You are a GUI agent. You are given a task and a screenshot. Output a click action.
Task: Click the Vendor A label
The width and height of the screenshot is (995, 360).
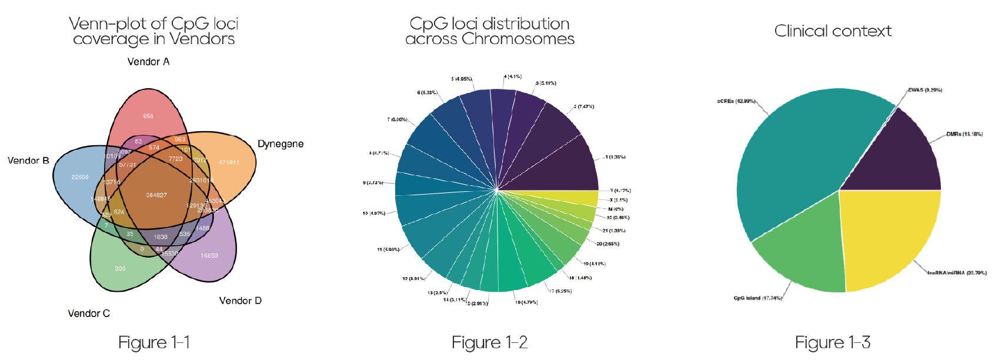[x=148, y=62]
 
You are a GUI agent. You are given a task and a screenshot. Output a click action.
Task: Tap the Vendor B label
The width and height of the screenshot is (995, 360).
[x=28, y=161]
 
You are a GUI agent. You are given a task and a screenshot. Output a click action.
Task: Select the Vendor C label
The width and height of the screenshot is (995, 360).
[x=89, y=314]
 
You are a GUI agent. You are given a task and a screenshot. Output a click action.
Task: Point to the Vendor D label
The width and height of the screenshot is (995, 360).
[x=240, y=301]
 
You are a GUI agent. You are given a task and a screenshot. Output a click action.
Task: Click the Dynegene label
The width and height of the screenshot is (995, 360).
[x=281, y=144]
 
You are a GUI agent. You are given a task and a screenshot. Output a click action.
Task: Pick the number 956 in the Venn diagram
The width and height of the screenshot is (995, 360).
[x=148, y=116]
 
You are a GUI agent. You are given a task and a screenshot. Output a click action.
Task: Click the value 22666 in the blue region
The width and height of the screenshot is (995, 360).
[x=80, y=177]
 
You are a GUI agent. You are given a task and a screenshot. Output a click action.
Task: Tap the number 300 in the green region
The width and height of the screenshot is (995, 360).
[x=120, y=268]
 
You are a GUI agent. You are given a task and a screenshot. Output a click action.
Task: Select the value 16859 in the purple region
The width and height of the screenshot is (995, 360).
[x=209, y=256]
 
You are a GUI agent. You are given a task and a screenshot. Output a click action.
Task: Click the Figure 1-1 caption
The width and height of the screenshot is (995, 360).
[x=154, y=342]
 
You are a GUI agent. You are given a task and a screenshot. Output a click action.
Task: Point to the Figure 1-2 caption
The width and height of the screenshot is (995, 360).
[x=489, y=342]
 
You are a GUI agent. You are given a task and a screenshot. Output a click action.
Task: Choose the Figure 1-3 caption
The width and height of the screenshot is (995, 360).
[x=833, y=342]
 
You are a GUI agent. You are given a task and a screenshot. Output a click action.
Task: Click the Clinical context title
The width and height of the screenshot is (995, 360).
[x=833, y=31]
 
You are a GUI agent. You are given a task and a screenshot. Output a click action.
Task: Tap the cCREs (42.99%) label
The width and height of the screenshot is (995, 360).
[x=736, y=101]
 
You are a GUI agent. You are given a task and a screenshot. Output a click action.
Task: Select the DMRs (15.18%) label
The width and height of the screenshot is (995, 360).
[x=964, y=134]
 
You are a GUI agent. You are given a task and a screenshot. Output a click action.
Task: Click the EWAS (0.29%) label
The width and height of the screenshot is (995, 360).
[x=925, y=90]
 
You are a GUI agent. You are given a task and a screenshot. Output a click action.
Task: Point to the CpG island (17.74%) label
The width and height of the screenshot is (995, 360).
[x=757, y=298]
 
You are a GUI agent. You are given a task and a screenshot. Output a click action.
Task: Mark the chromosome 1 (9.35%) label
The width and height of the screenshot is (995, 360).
[x=615, y=157]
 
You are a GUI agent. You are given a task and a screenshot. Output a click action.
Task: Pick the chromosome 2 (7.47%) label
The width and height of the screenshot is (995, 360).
[x=584, y=107]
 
